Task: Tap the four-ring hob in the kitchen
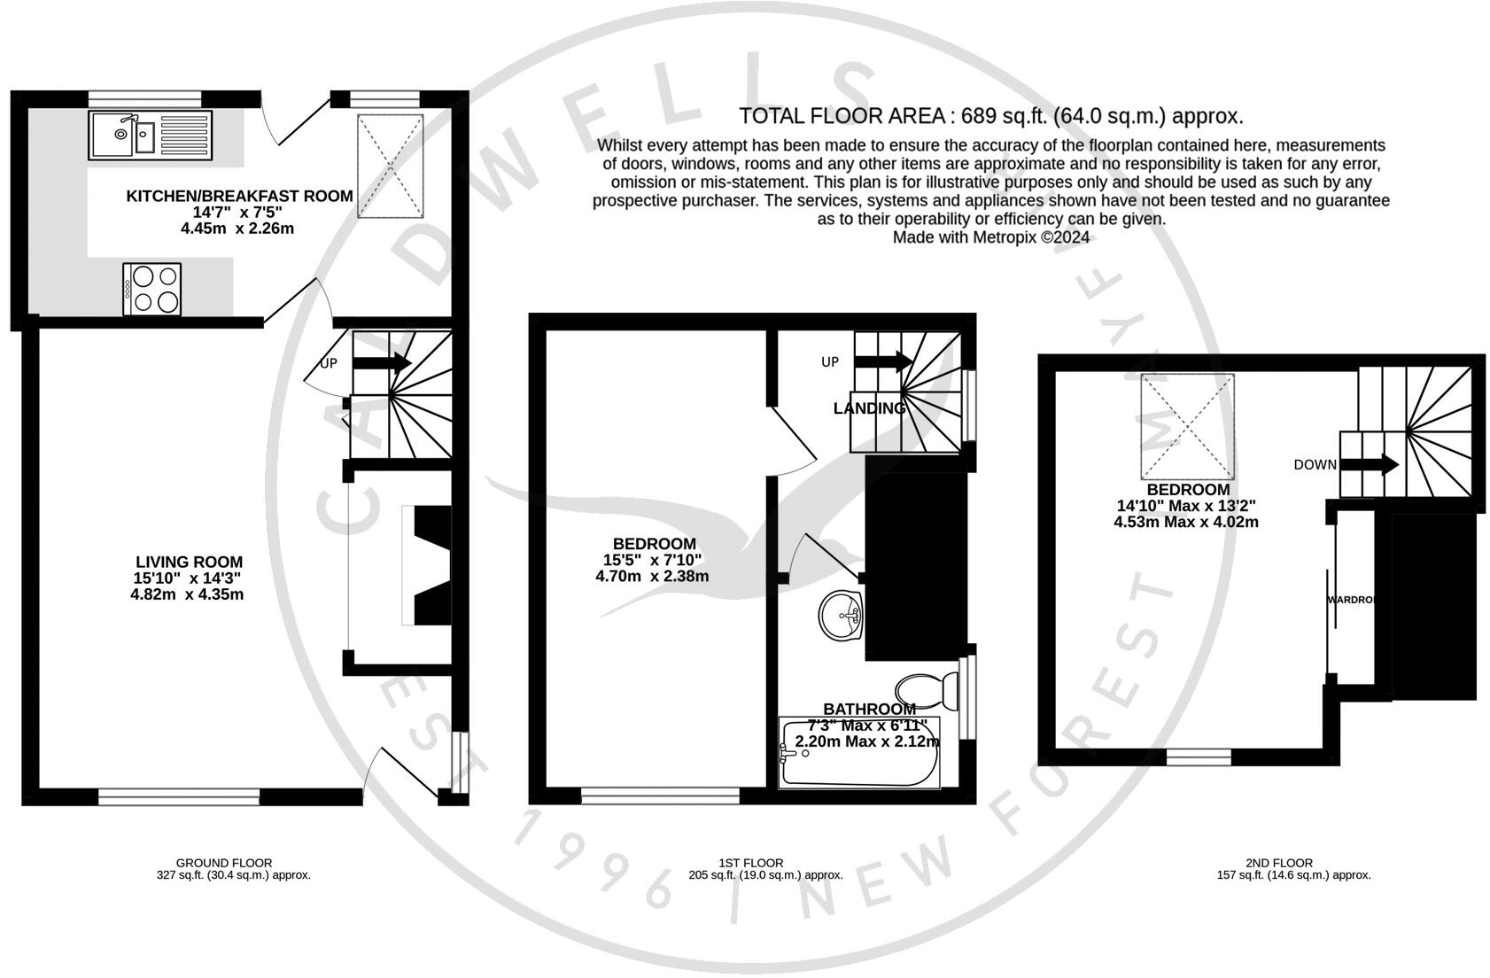pos(152,288)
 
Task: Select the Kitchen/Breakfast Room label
pos(239,196)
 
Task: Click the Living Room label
pos(189,562)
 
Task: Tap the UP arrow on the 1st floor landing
pos(883,361)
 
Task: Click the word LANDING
pos(870,408)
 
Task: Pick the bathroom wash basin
pos(840,614)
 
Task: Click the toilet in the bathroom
pos(927,690)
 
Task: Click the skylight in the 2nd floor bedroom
pos(1187,426)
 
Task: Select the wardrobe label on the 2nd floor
pos(1352,600)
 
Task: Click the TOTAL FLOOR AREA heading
pos(990,116)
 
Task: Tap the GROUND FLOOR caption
pos(223,863)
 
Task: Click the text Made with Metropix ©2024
pos(990,237)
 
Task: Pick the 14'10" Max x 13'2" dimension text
pos(1185,506)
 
